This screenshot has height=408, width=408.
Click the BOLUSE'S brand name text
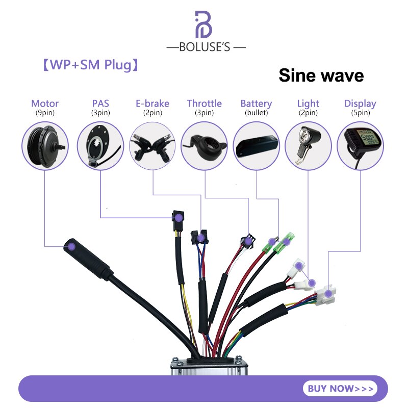coord(206,47)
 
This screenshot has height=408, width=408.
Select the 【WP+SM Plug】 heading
coord(89,65)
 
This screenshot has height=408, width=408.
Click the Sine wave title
coord(321,75)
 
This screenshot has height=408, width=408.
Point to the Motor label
coord(45,104)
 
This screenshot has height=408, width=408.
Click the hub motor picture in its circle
coord(45,144)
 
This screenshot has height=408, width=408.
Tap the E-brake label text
coord(152,104)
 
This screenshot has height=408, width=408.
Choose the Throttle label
coord(204,104)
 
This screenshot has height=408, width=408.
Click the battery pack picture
coord(257,145)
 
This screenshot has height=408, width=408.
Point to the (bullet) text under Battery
coord(256,113)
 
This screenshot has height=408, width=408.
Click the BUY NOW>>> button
coord(340,388)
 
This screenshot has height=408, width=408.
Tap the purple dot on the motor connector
coord(71,246)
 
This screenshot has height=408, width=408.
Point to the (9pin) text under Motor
coord(45,113)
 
